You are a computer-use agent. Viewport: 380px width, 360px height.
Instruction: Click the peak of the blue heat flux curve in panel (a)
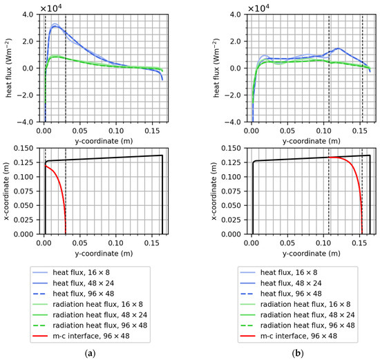pyautogui.click(x=55, y=26)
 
